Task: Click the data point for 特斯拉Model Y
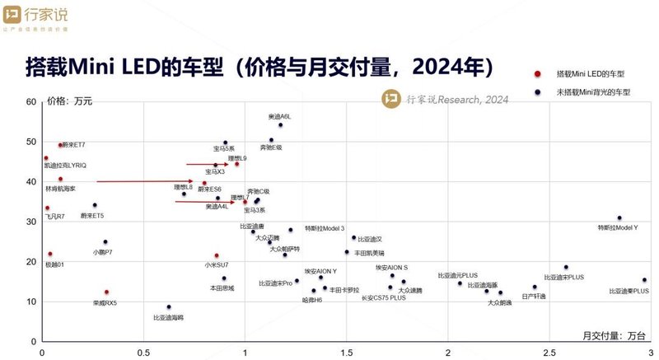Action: (x=619, y=218)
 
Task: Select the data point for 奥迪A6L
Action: (x=280, y=125)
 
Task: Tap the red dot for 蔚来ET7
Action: (x=61, y=145)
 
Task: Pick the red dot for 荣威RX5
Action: (x=106, y=292)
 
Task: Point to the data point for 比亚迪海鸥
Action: (x=169, y=307)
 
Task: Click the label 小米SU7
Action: (x=217, y=265)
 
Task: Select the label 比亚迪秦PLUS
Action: (x=629, y=291)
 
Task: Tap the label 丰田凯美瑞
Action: (x=369, y=253)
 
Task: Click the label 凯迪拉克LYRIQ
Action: (x=66, y=166)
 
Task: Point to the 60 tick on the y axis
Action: (x=31, y=102)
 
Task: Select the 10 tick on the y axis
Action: (x=31, y=302)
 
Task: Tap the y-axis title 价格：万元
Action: (x=70, y=102)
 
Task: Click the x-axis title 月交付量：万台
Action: (x=610, y=335)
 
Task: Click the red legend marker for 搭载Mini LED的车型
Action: (x=536, y=73)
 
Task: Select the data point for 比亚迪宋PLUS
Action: (x=566, y=268)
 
